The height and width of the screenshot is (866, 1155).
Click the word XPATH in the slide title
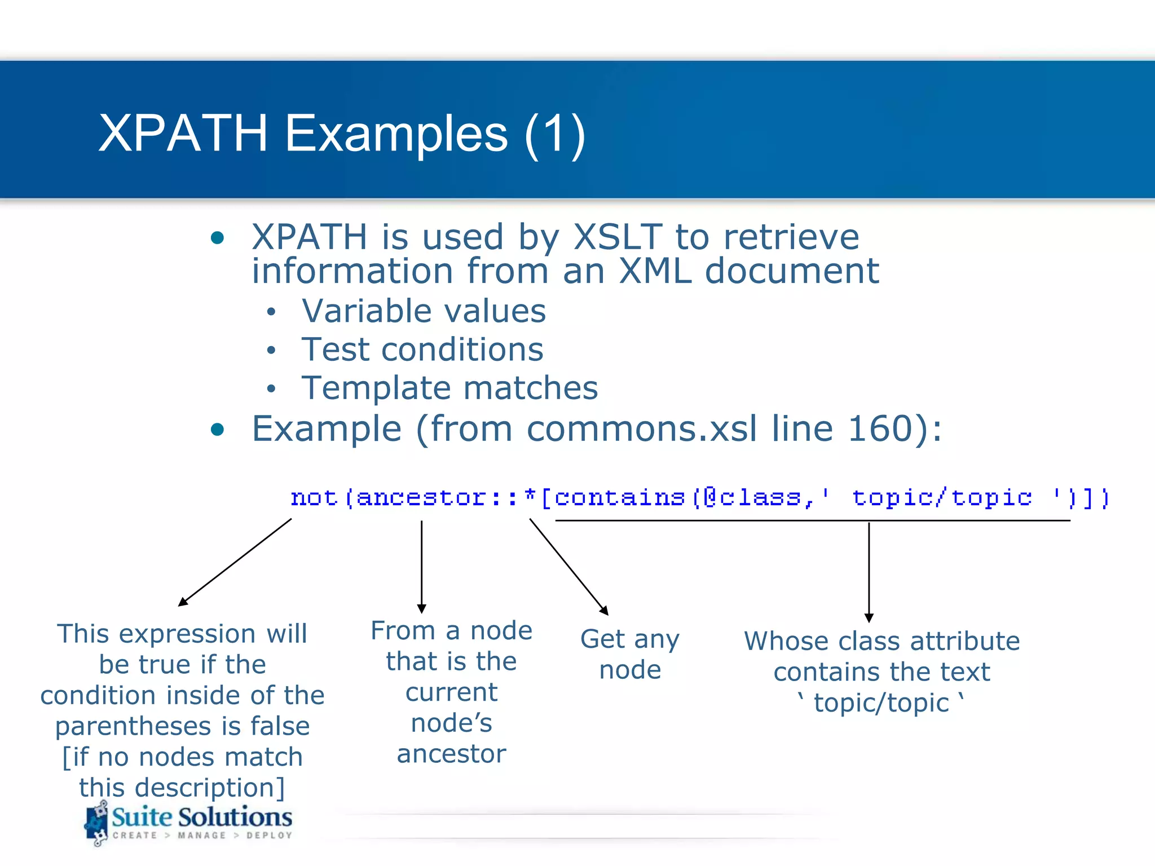point(183,133)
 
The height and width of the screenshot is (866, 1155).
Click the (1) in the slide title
point(555,134)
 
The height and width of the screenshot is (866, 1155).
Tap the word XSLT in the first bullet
point(618,236)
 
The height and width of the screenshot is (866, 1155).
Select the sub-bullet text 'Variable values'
point(424,311)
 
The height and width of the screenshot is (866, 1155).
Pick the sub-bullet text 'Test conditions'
point(422,349)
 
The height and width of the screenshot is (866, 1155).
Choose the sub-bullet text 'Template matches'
point(449,388)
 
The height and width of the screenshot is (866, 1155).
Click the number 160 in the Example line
point(880,428)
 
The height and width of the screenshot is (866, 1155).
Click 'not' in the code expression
point(314,498)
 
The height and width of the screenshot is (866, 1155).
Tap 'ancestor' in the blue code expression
point(421,498)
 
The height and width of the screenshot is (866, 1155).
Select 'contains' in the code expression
point(619,498)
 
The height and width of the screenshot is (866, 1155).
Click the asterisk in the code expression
point(530,496)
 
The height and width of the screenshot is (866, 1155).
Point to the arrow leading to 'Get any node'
point(568,566)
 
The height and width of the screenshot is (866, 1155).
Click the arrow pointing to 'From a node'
point(421,567)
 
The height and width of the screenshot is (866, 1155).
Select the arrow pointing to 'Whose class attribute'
point(869,572)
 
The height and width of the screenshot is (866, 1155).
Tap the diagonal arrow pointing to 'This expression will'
point(235,562)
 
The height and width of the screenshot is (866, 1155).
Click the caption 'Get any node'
point(630,655)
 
